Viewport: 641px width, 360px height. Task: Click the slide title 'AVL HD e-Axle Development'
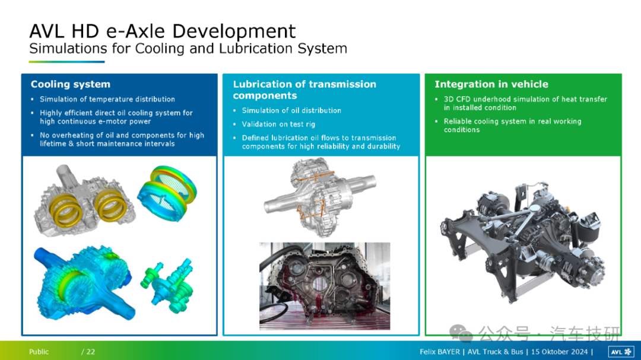(x=162, y=31)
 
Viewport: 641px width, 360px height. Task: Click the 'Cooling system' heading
(x=71, y=84)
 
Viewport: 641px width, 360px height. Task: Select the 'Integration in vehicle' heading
(x=491, y=84)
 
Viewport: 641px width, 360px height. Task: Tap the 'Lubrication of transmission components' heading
(x=304, y=90)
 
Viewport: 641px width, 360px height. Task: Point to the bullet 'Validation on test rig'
(x=278, y=124)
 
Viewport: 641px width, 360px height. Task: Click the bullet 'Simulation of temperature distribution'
(x=107, y=99)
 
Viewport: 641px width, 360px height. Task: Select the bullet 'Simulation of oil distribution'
(x=291, y=110)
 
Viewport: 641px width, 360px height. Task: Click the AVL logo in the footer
(x=621, y=352)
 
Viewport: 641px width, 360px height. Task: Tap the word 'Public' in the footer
(x=39, y=352)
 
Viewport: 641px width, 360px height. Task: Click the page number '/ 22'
(x=88, y=352)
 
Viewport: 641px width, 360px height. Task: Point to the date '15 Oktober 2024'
(x=559, y=352)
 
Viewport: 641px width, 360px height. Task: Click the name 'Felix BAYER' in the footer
(x=439, y=352)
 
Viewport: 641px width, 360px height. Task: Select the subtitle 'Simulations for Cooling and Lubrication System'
(x=188, y=49)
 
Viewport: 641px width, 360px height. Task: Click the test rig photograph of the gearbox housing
(x=325, y=286)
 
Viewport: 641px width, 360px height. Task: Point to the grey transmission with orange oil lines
(x=320, y=197)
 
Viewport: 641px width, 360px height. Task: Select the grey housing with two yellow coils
(x=85, y=200)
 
